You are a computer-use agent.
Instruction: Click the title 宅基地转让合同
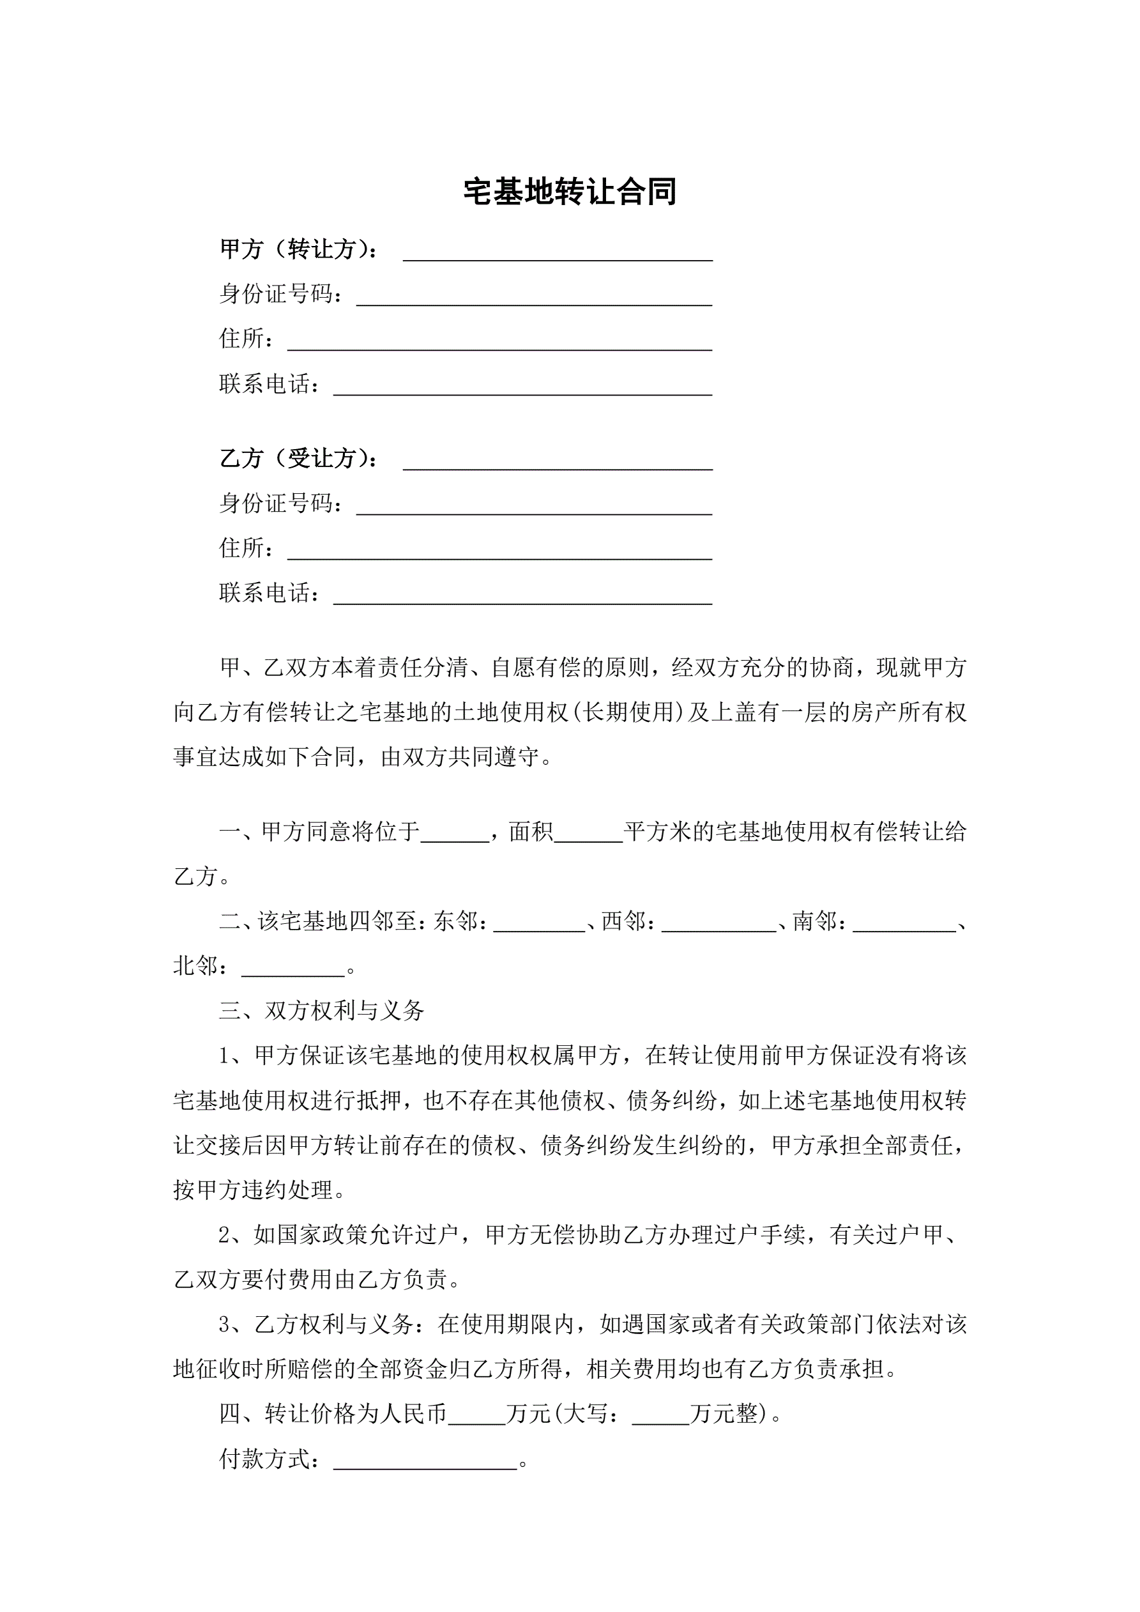point(569,192)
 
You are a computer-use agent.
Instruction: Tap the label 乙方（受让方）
point(299,459)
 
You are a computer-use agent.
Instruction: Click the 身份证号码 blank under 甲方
point(534,298)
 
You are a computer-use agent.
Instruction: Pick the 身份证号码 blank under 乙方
point(534,507)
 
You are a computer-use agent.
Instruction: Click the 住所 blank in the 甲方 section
point(500,342)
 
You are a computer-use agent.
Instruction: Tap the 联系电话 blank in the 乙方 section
point(522,597)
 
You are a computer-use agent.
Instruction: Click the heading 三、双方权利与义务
point(321,1011)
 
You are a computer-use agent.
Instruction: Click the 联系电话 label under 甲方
point(269,384)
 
